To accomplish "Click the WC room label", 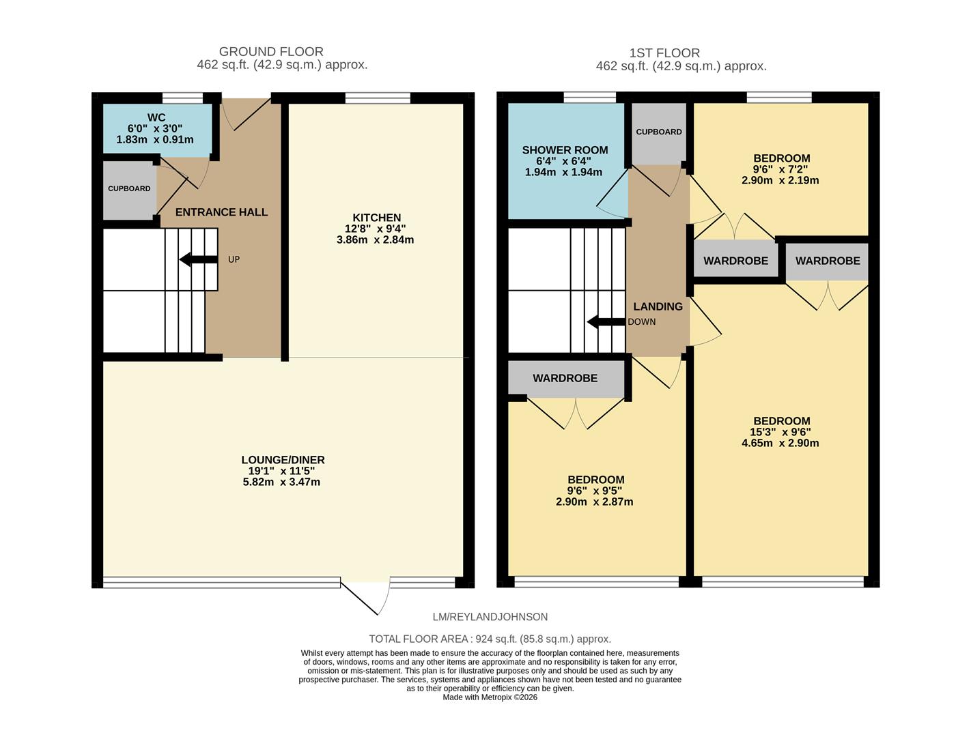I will click(156, 118).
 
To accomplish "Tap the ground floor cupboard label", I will click(129, 188).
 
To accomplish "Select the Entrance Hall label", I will click(221, 212).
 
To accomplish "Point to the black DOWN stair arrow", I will click(606, 322).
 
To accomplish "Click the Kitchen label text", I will click(376, 218).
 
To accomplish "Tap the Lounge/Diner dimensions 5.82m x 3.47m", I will click(281, 482).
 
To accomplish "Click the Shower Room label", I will click(565, 150).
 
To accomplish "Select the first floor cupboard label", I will click(658, 132).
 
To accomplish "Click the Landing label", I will click(658, 306).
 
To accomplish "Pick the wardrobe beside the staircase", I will click(565, 378).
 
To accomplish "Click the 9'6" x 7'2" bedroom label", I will click(781, 158).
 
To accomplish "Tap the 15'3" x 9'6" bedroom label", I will click(781, 421).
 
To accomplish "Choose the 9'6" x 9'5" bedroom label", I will click(595, 480).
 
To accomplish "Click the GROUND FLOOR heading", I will click(271, 52).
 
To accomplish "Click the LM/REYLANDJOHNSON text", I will click(490, 617).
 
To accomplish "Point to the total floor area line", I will click(490, 639).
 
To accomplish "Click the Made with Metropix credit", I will click(490, 697).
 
